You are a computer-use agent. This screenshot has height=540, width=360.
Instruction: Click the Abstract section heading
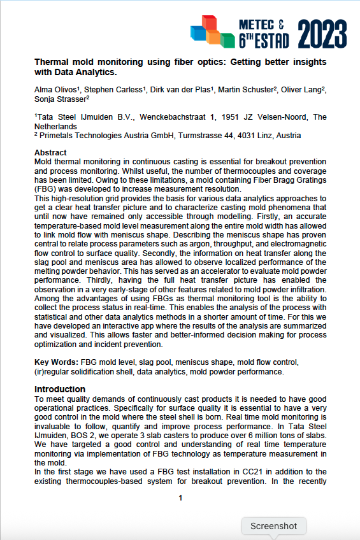coord(50,153)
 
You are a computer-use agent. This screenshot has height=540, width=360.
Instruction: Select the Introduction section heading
coord(61,388)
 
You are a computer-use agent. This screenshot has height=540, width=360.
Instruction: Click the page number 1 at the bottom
coord(180,498)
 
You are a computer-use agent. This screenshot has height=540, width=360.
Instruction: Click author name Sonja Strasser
coord(60,99)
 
